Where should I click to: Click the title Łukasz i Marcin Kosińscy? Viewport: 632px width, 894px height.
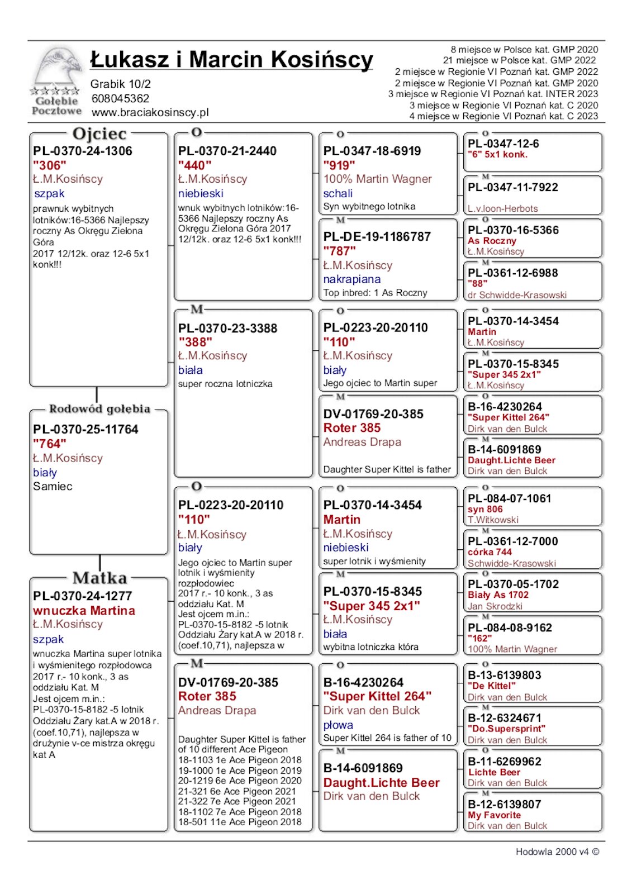231,60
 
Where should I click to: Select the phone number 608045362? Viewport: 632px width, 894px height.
120,99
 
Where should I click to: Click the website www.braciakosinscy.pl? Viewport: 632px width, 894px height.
150,112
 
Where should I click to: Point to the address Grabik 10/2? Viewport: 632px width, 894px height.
120,84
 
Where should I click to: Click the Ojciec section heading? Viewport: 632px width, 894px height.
99,134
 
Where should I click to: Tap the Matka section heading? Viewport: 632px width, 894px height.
99,578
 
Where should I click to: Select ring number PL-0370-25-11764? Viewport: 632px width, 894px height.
85,430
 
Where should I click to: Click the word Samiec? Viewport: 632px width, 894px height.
53,487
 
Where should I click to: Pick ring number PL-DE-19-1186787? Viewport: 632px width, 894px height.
377,237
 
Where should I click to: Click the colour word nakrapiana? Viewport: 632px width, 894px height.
351,279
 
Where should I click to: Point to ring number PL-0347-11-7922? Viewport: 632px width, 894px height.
512,188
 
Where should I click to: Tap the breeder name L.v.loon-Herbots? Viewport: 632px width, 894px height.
502,209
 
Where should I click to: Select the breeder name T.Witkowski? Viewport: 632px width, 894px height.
493,520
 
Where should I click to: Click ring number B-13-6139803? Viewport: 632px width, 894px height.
504,676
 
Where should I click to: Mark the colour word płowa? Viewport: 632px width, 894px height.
338,725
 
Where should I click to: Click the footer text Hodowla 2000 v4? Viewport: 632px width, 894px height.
552,852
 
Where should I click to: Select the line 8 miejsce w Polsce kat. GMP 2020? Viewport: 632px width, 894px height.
524,50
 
